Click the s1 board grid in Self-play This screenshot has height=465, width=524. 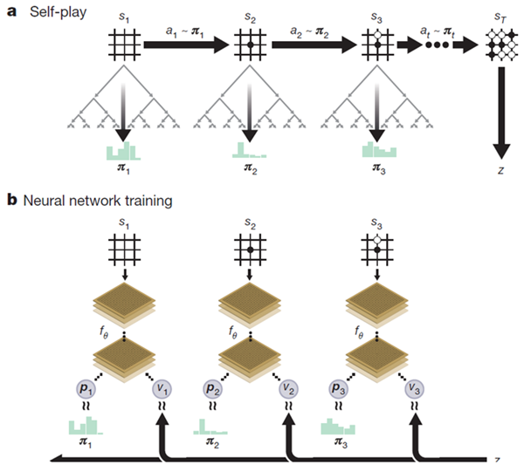point(124,44)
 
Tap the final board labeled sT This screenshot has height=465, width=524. point(501,44)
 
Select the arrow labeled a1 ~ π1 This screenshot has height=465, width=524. point(187,44)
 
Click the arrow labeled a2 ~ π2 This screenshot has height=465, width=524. point(314,44)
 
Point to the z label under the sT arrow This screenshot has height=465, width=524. point(500,170)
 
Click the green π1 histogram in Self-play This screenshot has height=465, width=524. point(123,151)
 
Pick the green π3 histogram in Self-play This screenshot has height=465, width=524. point(379,149)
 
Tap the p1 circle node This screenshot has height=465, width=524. point(86,389)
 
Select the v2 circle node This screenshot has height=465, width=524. point(288,389)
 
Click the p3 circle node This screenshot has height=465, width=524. point(339,389)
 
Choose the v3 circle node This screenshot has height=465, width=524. point(414,389)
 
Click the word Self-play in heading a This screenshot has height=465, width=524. point(59,13)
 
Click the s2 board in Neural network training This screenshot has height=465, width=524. point(251,250)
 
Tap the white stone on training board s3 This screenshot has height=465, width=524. point(377,240)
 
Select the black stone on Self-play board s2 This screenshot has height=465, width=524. point(251,44)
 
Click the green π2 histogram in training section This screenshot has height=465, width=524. point(210,427)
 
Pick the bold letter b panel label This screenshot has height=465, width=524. point(11,201)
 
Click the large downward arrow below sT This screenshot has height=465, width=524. point(501,113)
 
